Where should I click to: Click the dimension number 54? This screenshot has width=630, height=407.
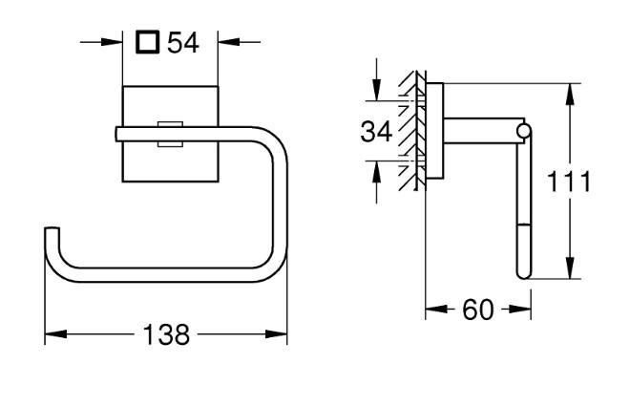tap(182, 43)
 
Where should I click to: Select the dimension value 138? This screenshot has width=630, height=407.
tap(166, 335)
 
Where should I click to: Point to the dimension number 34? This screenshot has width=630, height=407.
tap(377, 132)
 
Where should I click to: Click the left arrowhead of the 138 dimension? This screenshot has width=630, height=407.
tap(53, 335)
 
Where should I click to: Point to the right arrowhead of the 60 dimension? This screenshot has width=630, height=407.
tap(522, 311)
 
